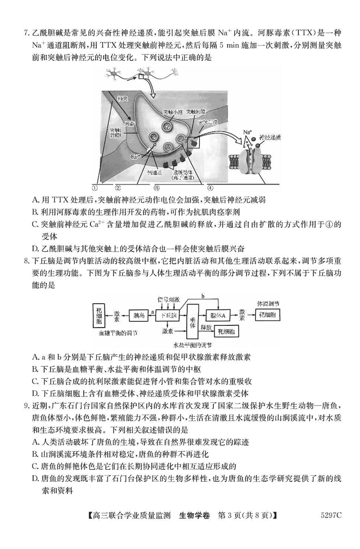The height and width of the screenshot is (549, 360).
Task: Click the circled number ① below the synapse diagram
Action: point(95,187)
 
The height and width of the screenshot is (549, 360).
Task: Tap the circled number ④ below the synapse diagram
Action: point(210,187)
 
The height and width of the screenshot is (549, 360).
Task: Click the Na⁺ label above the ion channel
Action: point(247,132)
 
